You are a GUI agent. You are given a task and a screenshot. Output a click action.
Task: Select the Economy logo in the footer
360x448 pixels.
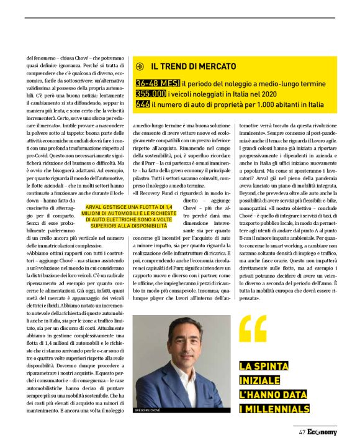pyautogui.click(x=322, y=433)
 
